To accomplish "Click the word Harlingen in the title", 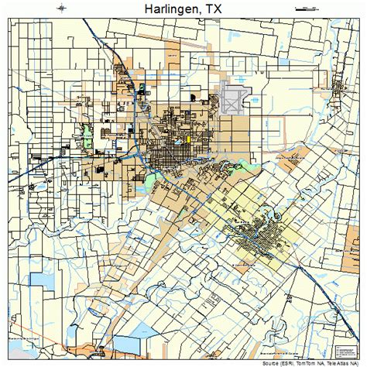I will pyautogui.click(x=164, y=10).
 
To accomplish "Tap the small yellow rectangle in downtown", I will pyautogui.click(x=187, y=140).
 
